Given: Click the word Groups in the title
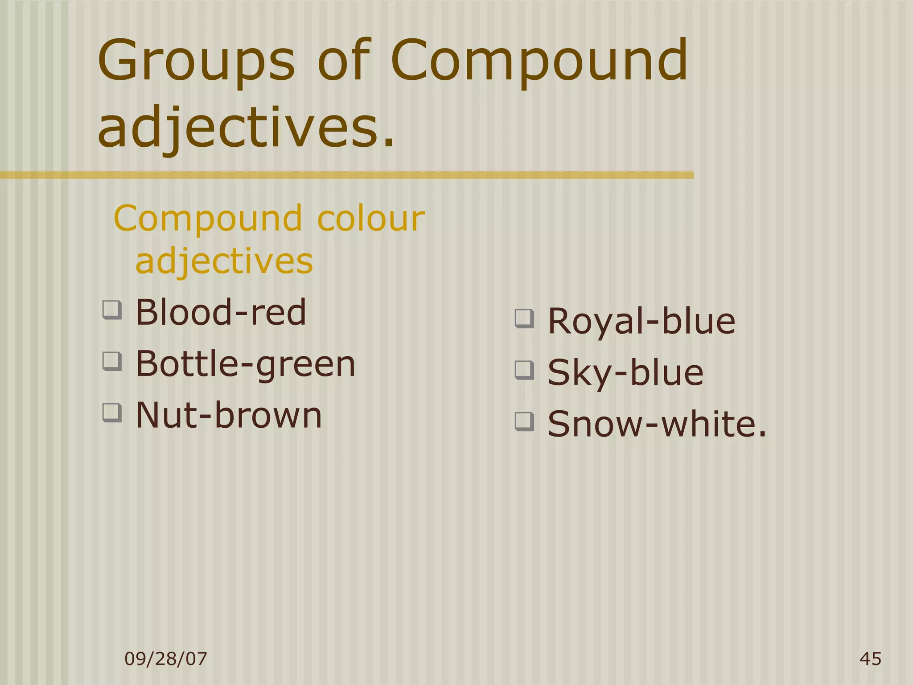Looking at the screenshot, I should click(x=196, y=61).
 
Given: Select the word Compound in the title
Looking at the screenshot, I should click(x=539, y=61).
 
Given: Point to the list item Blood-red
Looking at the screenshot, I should click(x=221, y=312).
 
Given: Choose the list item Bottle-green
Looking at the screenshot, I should click(x=245, y=364).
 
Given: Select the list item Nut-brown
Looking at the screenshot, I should click(x=228, y=415).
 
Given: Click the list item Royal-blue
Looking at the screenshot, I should click(x=641, y=321).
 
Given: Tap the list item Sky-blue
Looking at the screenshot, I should click(x=625, y=372).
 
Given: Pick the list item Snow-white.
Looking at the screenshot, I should click(x=657, y=424).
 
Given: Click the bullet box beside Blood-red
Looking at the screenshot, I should click(x=112, y=310).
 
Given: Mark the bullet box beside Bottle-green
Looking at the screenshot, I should click(x=112, y=361).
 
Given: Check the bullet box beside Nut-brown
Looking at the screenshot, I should click(x=112, y=413).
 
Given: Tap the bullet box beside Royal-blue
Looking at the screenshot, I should click(x=524, y=319).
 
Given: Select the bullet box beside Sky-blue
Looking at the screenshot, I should click(x=524, y=370).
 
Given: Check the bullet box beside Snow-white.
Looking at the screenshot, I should click(x=524, y=421).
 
